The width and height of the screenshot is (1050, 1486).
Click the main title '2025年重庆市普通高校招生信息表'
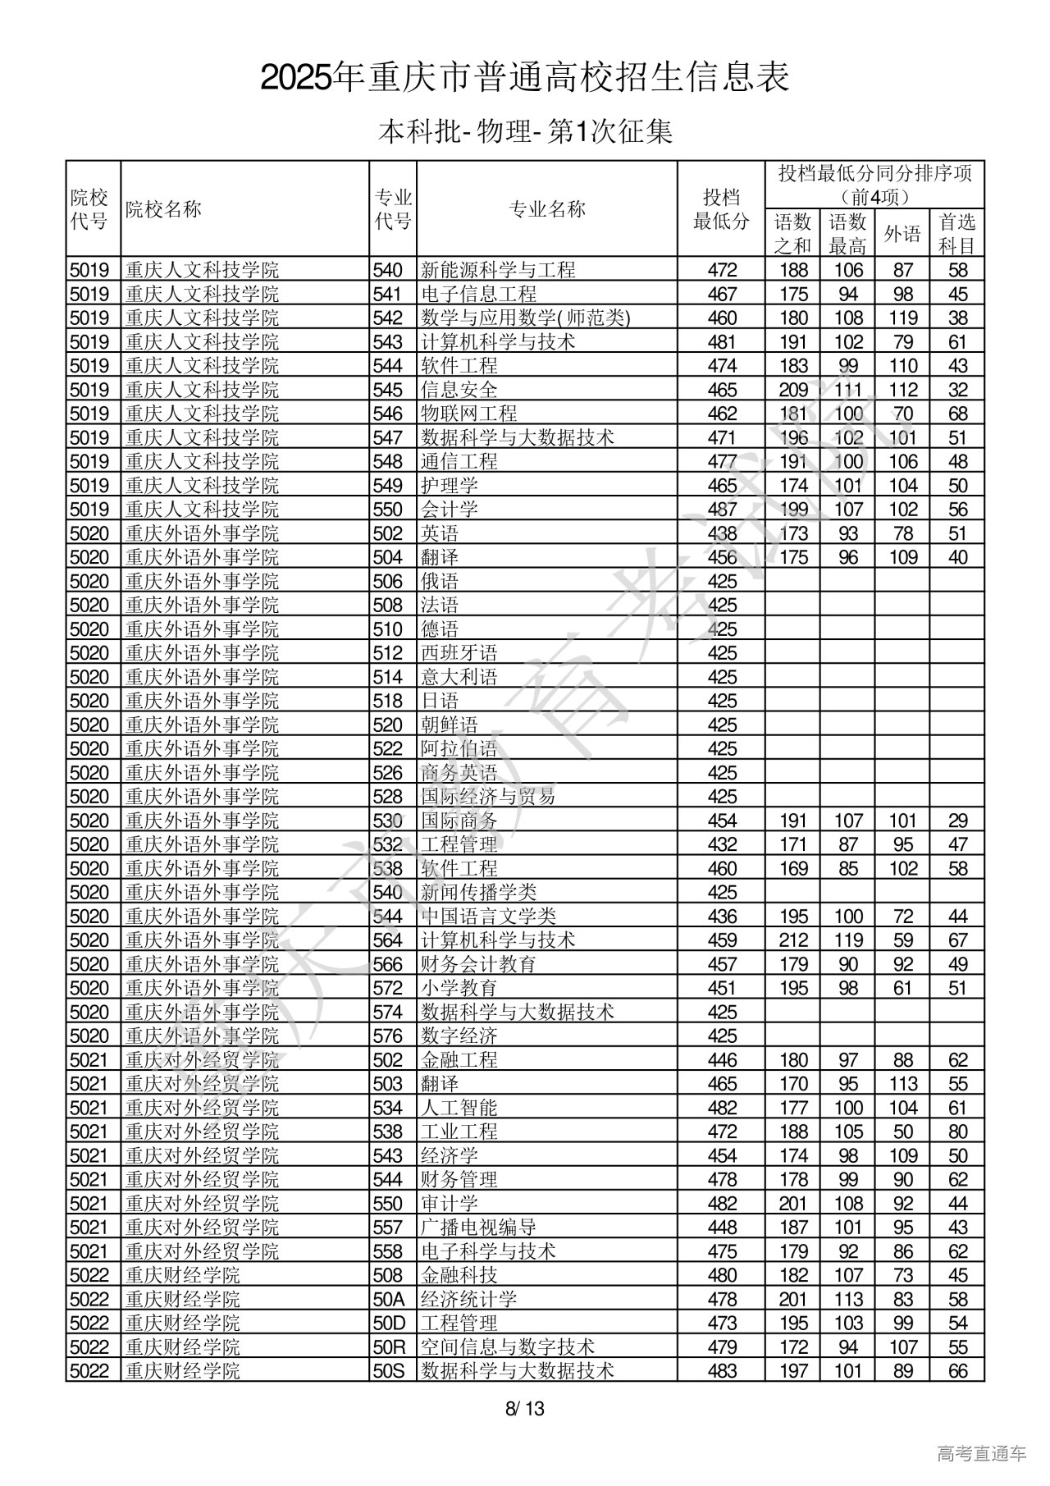coord(525,78)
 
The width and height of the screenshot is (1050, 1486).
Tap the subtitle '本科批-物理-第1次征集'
coord(525,131)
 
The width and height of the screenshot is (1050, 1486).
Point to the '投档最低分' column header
coord(721,209)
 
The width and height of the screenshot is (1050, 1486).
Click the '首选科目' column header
coord(956,233)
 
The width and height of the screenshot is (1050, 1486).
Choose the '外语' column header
coord(902,234)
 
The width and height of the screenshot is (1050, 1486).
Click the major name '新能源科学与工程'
coord(498,270)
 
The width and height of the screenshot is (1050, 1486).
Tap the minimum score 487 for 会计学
coord(722,509)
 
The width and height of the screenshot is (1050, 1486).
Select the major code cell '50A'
coord(389,1299)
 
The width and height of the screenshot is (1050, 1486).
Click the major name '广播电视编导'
coord(478,1228)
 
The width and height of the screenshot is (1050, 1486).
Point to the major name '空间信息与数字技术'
coord(508,1347)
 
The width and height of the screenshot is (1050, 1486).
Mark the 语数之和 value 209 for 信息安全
coord(793,390)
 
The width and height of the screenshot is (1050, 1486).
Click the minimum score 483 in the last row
coord(722,1370)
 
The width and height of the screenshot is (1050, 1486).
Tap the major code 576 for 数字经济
coord(388,1036)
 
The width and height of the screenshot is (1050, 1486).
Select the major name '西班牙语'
coord(459,653)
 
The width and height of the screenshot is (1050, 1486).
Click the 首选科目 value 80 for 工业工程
coord(956,1132)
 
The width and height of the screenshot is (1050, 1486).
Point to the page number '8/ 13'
coord(525,1410)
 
